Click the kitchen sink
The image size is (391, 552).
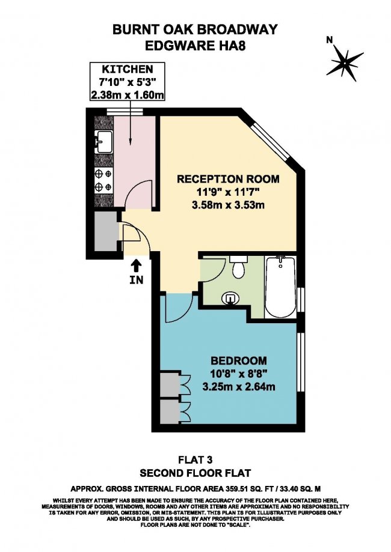tap(103, 142)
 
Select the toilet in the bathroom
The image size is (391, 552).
tap(239, 267)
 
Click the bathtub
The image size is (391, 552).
tap(281, 287)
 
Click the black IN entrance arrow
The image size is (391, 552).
tap(137, 266)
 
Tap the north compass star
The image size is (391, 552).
tap(345, 62)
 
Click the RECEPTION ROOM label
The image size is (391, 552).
tap(228, 179)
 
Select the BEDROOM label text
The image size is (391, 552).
tap(239, 360)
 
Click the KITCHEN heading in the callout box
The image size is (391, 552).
tap(128, 69)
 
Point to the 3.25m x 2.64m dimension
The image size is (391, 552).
tap(239, 387)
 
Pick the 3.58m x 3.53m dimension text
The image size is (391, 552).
tap(228, 205)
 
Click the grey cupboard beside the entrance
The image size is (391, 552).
tap(106, 231)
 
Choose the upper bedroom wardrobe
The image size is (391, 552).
tap(171, 383)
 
